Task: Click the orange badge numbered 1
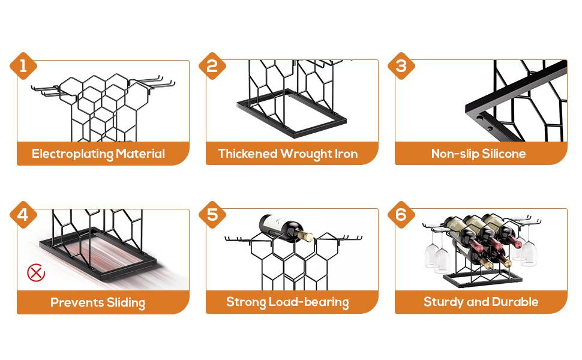(x=23, y=66)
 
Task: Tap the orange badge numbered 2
(x=212, y=66)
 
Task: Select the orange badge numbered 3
(x=401, y=66)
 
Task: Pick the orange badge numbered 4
(x=23, y=215)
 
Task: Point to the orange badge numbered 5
(x=212, y=215)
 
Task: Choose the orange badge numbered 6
(x=401, y=215)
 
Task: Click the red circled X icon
(x=36, y=273)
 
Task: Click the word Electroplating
(x=73, y=154)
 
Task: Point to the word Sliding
(x=126, y=302)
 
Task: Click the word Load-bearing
(x=308, y=302)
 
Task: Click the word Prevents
(x=77, y=302)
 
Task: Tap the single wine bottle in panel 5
(x=286, y=227)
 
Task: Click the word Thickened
(x=248, y=154)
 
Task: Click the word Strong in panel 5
(x=246, y=302)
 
